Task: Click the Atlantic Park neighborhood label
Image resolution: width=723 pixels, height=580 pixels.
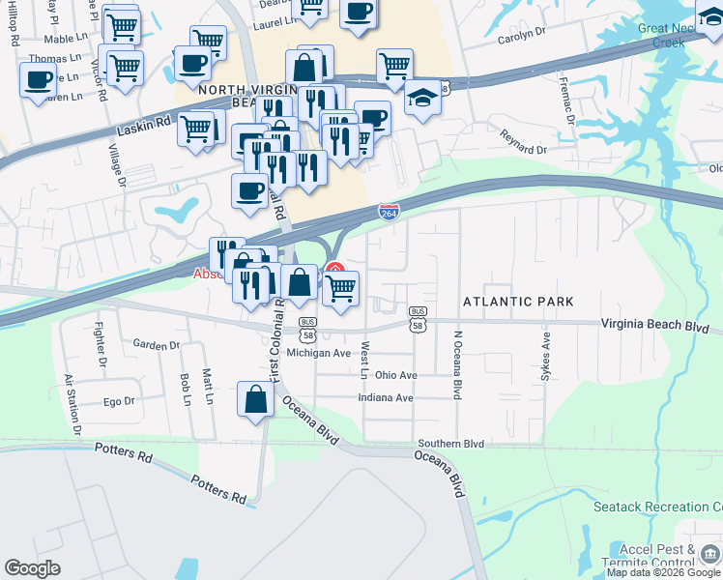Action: point(511,302)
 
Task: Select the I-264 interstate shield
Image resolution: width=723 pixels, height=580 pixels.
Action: point(389,210)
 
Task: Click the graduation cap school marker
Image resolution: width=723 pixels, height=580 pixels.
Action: point(422,99)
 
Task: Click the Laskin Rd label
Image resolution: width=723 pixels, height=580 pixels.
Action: point(143,125)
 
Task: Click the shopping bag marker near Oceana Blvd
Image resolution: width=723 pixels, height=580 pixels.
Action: point(254,400)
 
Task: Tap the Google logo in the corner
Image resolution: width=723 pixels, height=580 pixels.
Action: point(33,568)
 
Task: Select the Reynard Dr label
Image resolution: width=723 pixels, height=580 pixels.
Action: point(523,150)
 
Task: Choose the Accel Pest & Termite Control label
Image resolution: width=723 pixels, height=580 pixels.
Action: point(657,556)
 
